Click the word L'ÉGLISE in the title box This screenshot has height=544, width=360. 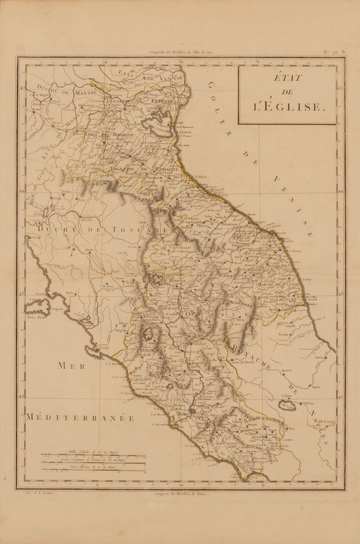point(288,107)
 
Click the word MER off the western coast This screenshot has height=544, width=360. point(71,365)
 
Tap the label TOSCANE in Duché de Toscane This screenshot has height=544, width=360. point(133,230)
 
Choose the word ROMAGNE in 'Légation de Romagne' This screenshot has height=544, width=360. point(165,169)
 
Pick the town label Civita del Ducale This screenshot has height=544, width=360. point(243,361)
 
